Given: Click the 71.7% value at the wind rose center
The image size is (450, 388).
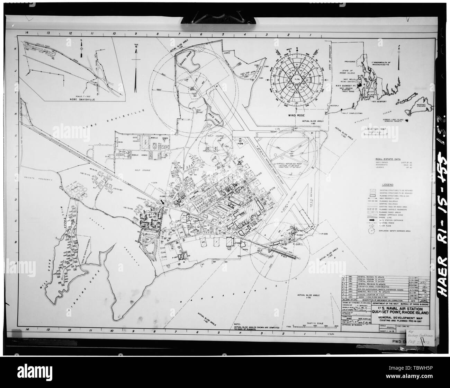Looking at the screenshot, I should click(296, 79).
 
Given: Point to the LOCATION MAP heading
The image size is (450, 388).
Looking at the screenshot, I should click(375, 129).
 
